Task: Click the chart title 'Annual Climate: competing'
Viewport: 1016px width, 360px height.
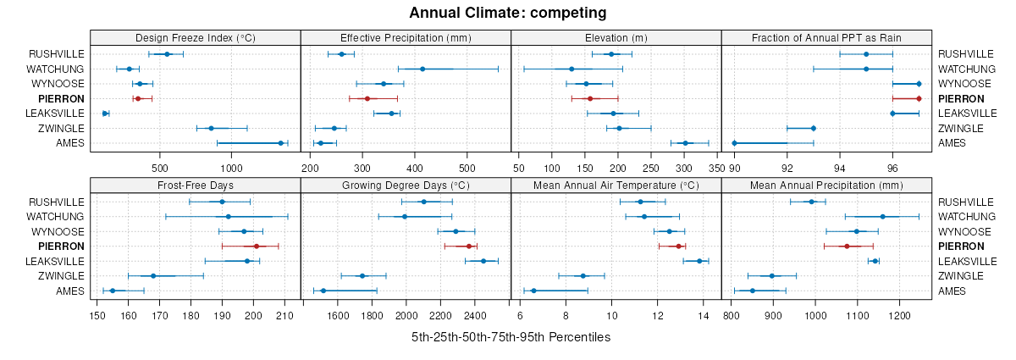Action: tap(508, 13)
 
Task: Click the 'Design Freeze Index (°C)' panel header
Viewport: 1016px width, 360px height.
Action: tap(195, 38)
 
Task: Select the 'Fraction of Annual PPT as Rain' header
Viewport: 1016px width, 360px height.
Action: tap(826, 38)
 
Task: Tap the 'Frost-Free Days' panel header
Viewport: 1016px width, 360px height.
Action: tap(195, 186)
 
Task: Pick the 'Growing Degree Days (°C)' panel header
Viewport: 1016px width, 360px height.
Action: tap(406, 186)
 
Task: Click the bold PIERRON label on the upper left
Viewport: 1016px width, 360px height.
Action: tap(61, 98)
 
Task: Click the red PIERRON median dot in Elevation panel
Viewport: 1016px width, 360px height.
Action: tap(590, 98)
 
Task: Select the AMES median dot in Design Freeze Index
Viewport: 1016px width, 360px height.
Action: tap(280, 143)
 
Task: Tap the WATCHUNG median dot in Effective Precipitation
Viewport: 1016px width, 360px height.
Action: tap(422, 69)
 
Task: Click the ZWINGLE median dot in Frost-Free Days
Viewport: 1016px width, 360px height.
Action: tap(153, 276)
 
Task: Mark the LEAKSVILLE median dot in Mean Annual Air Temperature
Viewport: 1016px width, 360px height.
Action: tap(699, 261)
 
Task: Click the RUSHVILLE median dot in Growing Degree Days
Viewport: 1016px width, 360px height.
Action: tap(424, 202)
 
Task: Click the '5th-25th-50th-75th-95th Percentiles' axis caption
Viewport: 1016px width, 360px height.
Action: tap(511, 337)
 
